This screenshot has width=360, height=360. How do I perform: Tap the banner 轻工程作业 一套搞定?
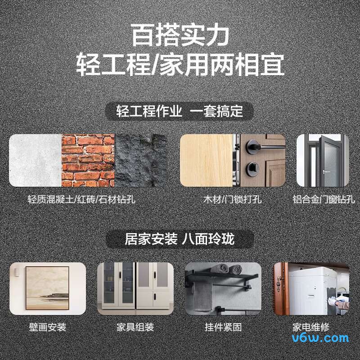180,111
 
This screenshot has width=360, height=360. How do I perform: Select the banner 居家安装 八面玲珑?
180,239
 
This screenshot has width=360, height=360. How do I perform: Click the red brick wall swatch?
88,160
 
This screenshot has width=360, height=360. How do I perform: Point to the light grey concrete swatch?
35,160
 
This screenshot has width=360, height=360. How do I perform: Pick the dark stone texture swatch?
141,160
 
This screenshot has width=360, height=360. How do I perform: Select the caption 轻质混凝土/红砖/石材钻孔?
81,199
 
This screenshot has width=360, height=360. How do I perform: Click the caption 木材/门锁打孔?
233,199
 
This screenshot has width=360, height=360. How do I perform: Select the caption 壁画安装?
47,327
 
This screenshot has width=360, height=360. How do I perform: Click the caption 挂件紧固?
223,327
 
